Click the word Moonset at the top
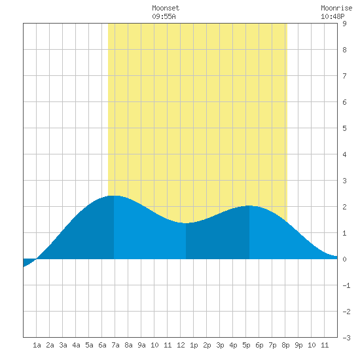[x=166, y=8]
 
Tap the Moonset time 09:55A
[x=164, y=16]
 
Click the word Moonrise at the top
[x=336, y=8]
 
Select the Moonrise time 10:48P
[x=333, y=16]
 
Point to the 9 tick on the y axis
[x=344, y=24]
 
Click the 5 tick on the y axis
[x=344, y=128]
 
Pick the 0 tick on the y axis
[x=344, y=259]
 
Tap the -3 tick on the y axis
[x=346, y=338]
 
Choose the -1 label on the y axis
[x=346, y=285]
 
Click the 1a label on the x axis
[x=37, y=345]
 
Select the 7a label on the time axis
[x=115, y=345]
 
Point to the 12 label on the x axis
[x=181, y=345]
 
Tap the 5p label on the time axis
[x=246, y=345]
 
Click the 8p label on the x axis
[x=285, y=345]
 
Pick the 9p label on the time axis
[x=298, y=345]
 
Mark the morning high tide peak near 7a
[x=114, y=196]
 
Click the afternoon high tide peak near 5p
[x=249, y=206]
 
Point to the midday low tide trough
[x=186, y=223]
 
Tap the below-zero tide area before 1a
[x=27, y=262]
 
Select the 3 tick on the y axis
[x=344, y=181]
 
